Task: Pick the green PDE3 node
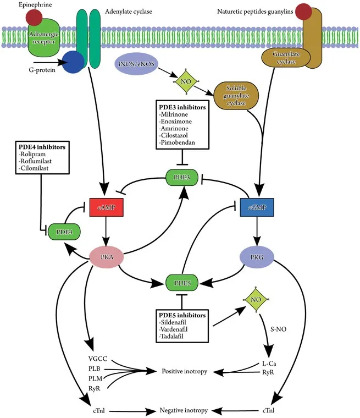(x=182, y=178)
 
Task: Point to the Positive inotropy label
(x=184, y=371)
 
